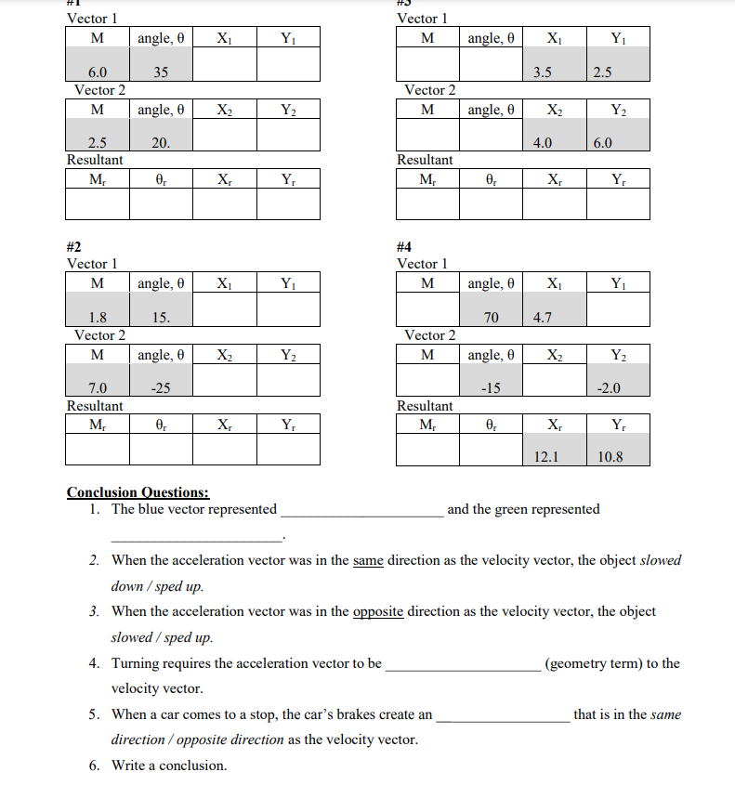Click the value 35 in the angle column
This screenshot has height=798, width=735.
[x=161, y=72]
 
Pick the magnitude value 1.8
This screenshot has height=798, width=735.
[x=97, y=317]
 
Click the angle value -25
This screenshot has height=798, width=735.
[x=161, y=387]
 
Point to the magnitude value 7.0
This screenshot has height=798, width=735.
[x=97, y=387]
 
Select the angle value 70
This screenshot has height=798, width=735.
[x=492, y=318]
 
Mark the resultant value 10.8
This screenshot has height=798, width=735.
[x=610, y=457]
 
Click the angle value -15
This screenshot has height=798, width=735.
[x=492, y=388]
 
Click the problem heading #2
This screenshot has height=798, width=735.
[x=74, y=247]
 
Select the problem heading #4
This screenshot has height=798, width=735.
[x=404, y=247]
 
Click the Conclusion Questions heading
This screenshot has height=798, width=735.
[x=138, y=492]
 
